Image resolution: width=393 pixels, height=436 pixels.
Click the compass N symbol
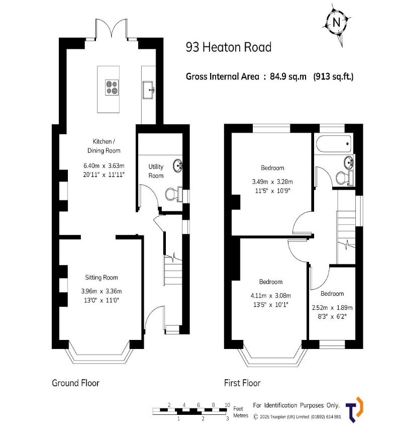click(x=337, y=23)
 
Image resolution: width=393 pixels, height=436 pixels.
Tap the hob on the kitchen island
click(x=112, y=88)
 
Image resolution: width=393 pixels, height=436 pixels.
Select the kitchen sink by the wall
click(x=148, y=90)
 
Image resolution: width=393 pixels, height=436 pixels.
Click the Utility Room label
click(x=156, y=171)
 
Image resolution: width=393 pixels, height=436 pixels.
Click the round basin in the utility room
click(x=177, y=165)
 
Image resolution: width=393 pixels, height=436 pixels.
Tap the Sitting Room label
click(x=102, y=277)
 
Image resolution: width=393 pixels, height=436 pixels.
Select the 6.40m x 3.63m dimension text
click(x=104, y=166)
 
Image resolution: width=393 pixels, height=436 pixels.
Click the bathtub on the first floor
click(x=334, y=144)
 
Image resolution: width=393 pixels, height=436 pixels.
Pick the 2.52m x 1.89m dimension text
click(x=332, y=308)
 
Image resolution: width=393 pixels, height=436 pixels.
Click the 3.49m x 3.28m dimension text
click(x=272, y=182)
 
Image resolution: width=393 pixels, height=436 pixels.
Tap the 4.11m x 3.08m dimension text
click(x=271, y=296)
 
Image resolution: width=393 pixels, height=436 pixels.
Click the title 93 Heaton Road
click(x=229, y=47)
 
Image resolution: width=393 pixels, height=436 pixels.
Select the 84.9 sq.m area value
click(x=288, y=76)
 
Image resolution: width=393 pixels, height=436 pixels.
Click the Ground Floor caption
click(x=75, y=383)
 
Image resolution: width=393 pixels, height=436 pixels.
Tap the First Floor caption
click(x=242, y=383)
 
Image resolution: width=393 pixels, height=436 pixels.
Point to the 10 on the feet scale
click(x=227, y=405)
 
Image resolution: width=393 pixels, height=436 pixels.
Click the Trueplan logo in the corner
click(x=354, y=409)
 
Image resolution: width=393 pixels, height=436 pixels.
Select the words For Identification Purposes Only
click(x=297, y=405)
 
